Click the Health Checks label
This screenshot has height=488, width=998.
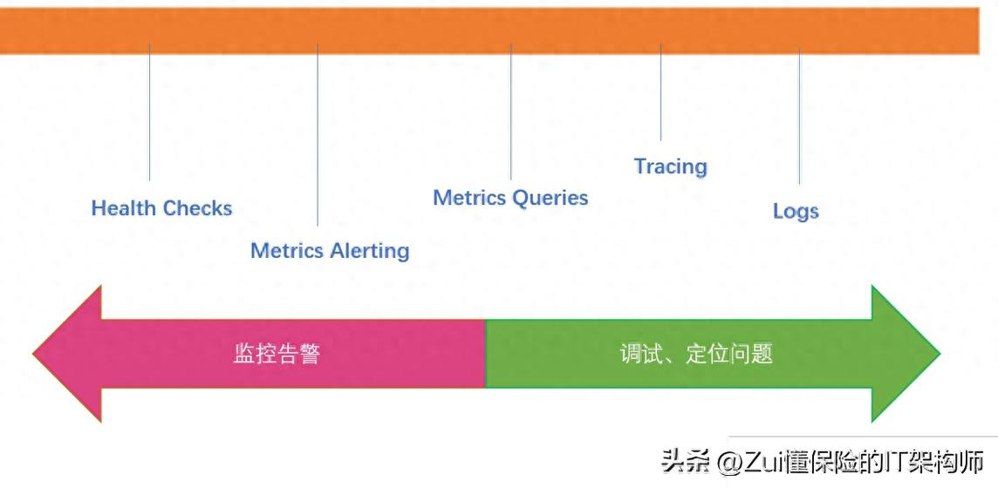(x=161, y=208)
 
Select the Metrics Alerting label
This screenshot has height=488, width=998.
(x=330, y=250)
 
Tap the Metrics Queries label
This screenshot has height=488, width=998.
(x=510, y=198)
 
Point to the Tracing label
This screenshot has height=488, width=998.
(x=671, y=166)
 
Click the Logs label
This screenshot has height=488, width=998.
(x=796, y=211)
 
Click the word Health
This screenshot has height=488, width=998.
(x=124, y=208)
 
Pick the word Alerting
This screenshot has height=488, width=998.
(x=370, y=250)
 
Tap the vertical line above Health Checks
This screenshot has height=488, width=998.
(x=149, y=112)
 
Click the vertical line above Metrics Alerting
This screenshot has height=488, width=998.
(x=318, y=135)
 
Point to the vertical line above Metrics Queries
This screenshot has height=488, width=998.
(x=510, y=112)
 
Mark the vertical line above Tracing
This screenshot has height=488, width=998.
(x=660, y=91)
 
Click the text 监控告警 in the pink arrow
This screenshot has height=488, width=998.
(x=277, y=354)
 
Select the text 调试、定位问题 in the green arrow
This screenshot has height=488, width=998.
(x=696, y=354)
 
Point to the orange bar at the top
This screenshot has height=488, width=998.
(x=489, y=30)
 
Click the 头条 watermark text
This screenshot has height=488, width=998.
(x=686, y=461)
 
